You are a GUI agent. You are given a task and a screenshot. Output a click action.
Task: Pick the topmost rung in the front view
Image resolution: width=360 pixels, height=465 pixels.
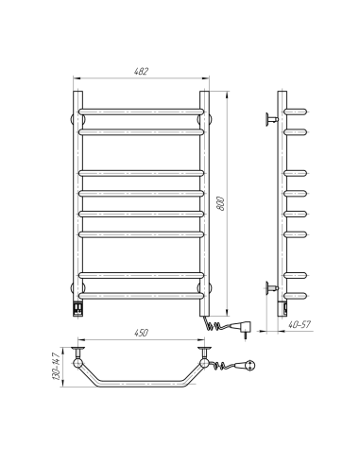click(143, 112)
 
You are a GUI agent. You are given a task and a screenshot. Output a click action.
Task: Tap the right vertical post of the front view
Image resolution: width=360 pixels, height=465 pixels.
click(203, 198)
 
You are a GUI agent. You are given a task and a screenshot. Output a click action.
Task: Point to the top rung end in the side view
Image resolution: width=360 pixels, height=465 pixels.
click(297, 112)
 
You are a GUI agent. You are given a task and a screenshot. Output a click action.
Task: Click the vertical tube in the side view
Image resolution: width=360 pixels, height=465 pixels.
click(283, 198)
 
